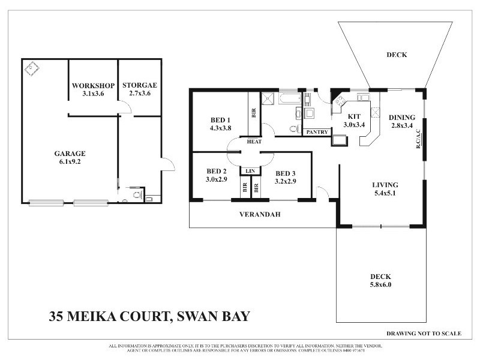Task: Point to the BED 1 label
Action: (220, 119)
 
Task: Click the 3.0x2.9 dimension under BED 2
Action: (216, 179)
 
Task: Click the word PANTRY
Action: (316, 131)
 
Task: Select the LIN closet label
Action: (251, 171)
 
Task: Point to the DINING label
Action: (401, 117)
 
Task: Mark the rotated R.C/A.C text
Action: (420, 139)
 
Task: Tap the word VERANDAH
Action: (260, 214)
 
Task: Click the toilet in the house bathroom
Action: (293, 128)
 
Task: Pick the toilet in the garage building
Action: (136, 194)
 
